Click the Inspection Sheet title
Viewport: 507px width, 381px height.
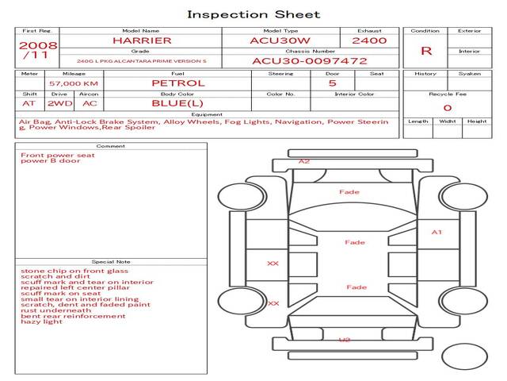(x=253, y=14)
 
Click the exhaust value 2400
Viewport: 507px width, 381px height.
(x=369, y=40)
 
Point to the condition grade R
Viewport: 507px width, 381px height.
(x=426, y=51)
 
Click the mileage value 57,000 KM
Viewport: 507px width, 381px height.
(x=73, y=83)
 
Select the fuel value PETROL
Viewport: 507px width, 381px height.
(x=177, y=83)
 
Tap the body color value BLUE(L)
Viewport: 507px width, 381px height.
(x=177, y=103)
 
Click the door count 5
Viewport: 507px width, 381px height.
(x=332, y=83)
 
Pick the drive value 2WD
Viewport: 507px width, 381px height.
(x=57, y=103)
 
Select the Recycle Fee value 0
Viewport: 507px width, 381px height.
(x=447, y=107)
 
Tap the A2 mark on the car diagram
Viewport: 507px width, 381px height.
(x=304, y=161)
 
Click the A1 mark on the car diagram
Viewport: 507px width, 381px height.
(x=436, y=233)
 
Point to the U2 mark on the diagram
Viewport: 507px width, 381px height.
(x=344, y=340)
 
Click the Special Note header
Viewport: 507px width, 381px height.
(x=111, y=261)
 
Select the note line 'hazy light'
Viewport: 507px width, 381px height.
(x=41, y=321)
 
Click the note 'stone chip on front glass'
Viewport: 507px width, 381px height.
(x=74, y=271)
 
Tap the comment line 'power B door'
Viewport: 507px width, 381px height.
(x=51, y=161)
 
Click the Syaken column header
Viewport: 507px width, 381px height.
(x=469, y=74)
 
